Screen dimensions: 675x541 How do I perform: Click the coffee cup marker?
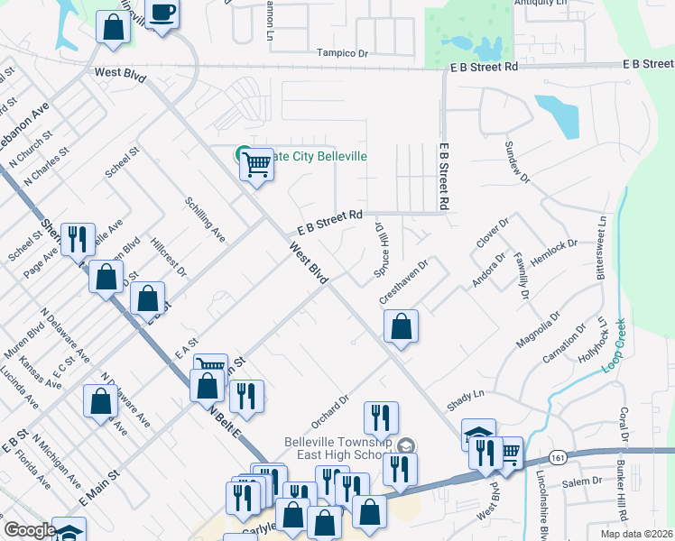click(162, 13)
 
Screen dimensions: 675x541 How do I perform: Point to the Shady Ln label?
click(467, 394)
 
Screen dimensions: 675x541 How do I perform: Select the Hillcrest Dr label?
click(168, 257)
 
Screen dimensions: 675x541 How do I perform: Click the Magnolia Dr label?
click(539, 330)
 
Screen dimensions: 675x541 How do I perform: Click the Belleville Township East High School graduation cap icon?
click(407, 445)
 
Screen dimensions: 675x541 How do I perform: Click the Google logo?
click(30, 531)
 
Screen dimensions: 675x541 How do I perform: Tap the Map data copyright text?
click(636, 534)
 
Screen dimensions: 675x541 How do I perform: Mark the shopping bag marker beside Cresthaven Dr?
click(402, 326)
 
